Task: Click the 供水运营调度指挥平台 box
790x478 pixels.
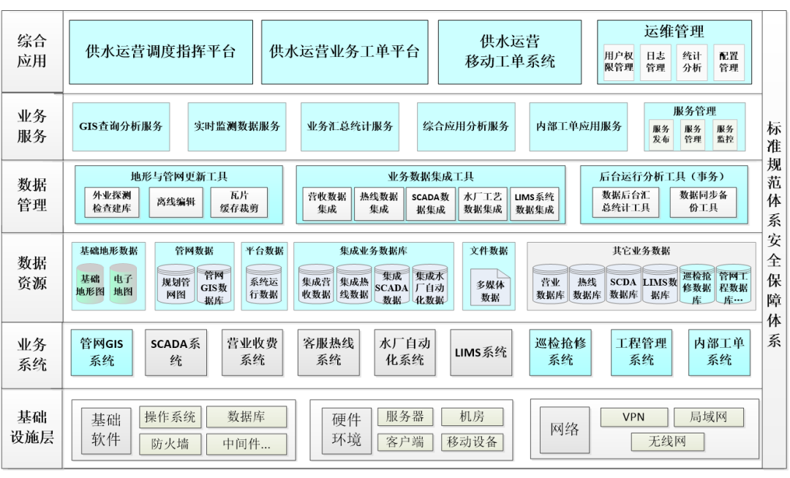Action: click(160, 52)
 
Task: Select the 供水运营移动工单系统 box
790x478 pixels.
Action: click(510, 52)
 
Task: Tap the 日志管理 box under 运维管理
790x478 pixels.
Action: click(655, 62)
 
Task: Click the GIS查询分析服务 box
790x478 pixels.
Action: click(121, 126)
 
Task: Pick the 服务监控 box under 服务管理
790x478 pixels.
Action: click(725, 134)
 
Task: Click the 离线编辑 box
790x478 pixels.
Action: click(176, 202)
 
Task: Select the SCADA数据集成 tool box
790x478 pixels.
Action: click(430, 203)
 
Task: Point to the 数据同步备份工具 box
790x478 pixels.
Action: click(703, 202)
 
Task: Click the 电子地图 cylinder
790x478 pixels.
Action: click(123, 285)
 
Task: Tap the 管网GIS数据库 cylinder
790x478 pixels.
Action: click(214, 285)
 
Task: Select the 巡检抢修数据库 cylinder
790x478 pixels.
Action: click(696, 287)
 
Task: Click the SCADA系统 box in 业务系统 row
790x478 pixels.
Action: click(176, 352)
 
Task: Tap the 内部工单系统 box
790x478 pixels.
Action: click(719, 352)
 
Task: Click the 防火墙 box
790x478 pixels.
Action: click(170, 444)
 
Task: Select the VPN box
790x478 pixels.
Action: click(633, 417)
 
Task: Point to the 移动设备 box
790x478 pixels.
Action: click(472, 442)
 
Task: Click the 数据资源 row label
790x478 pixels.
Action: click(31, 273)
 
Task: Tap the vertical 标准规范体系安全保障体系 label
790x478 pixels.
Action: click(773, 234)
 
